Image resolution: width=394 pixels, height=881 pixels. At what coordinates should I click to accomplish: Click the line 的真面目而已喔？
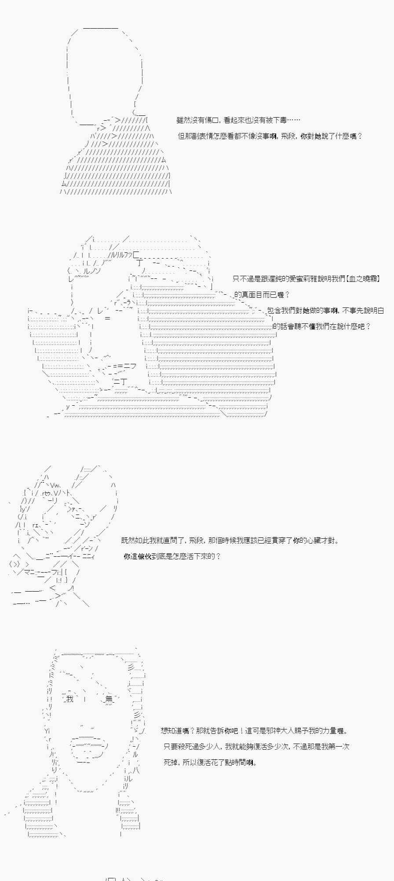(262, 295)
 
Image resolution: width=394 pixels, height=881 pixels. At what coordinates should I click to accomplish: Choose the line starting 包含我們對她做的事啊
(326, 311)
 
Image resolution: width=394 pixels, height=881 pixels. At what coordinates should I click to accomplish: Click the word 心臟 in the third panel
(315, 540)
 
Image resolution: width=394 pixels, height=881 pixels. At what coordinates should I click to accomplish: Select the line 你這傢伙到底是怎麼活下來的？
(172, 556)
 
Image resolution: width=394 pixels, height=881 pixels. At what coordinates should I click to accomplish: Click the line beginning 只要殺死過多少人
(257, 747)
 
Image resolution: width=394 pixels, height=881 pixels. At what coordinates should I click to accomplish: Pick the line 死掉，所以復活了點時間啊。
(210, 763)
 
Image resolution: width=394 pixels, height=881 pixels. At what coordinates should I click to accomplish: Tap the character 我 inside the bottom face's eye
(69, 699)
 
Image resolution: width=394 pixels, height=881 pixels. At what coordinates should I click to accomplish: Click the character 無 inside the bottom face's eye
(109, 699)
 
